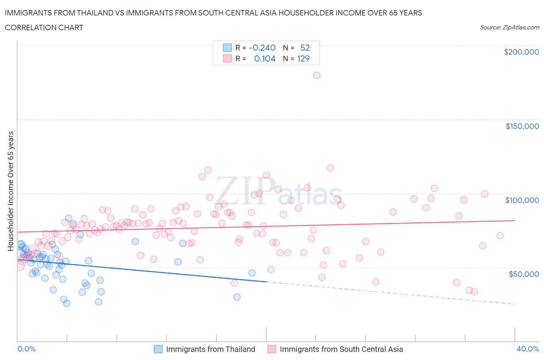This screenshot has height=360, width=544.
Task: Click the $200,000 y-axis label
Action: pos(521,52)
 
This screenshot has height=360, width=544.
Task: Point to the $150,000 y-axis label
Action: pos(522,126)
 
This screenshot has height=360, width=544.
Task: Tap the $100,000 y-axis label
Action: pos(522,200)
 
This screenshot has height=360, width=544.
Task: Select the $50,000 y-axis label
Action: pos(523,274)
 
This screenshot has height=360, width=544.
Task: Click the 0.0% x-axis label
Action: pos(26,349)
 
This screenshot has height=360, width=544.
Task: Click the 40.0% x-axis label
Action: pos(528,349)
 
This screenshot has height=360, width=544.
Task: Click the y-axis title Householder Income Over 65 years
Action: pos(11,191)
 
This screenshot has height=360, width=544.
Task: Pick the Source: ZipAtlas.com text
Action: pos(509,27)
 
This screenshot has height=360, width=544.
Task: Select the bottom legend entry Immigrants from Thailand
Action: pos(210,349)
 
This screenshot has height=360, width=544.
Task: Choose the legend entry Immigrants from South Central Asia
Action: pos(341,349)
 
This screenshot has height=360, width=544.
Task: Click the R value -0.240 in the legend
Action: pos(262,48)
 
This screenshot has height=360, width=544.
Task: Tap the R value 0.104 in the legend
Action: pos(265,58)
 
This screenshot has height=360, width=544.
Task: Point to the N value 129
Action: pos(303,58)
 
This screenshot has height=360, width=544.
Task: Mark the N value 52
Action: pos(305,48)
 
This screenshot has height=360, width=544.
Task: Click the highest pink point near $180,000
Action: pos(316,75)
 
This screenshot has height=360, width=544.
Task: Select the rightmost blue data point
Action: pos(252,273)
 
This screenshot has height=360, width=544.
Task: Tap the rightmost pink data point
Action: pos(500,236)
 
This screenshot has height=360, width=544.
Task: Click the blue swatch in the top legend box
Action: pos(227,48)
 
